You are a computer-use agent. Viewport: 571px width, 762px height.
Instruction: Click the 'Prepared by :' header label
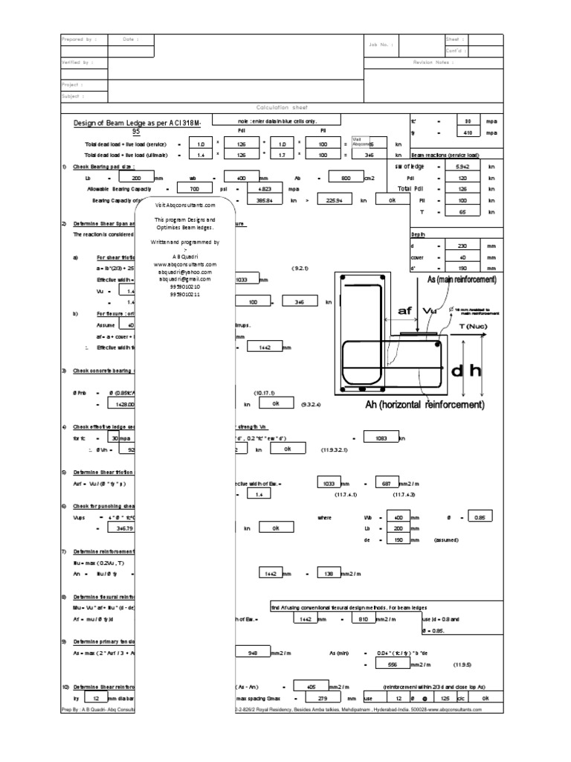[77, 39]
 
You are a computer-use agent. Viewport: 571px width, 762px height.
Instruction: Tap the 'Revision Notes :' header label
[433, 63]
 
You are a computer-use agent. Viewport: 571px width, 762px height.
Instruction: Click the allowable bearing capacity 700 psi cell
[196, 190]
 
